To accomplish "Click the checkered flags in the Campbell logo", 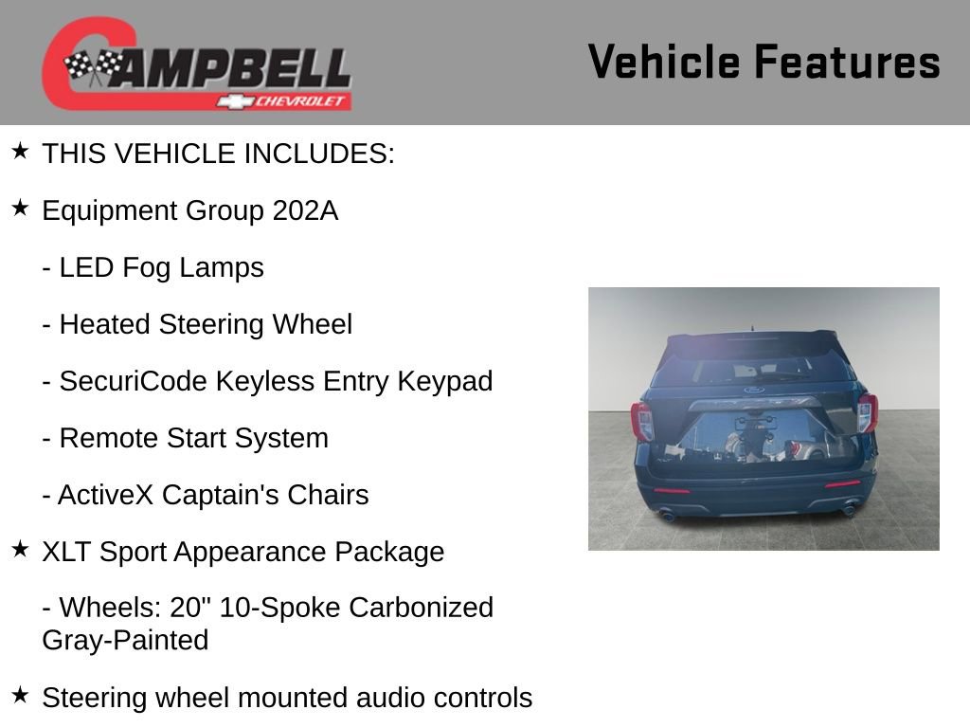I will (94, 67).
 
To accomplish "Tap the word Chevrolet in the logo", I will (301, 101).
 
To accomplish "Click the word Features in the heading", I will (847, 63).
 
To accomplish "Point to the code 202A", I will (304, 210).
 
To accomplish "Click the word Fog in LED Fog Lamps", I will (144, 268).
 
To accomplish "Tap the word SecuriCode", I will (134, 381).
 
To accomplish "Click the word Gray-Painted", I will (125, 640).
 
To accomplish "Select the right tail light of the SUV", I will (868, 412).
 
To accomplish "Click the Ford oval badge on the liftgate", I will (754, 390).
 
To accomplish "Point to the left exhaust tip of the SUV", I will (667, 516).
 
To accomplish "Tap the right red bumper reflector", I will (841, 484).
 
